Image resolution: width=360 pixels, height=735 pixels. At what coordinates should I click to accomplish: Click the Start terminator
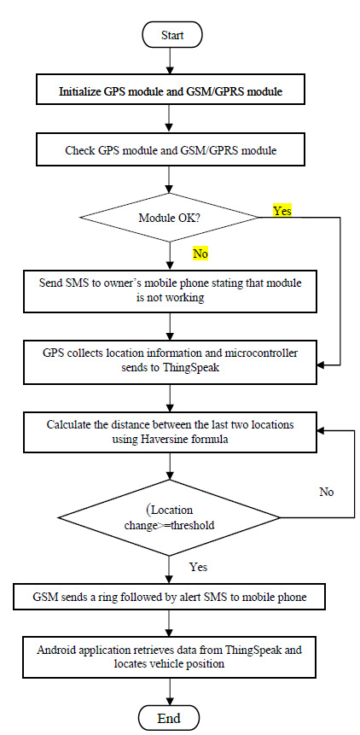click(x=171, y=35)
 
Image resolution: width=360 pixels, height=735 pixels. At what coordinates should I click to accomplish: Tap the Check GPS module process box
click(x=171, y=151)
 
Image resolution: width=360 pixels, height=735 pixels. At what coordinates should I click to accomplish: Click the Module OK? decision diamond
click(x=171, y=219)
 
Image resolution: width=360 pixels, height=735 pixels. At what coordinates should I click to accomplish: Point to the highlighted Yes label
click(x=282, y=210)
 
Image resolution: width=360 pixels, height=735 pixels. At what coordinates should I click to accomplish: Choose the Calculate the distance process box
click(x=171, y=432)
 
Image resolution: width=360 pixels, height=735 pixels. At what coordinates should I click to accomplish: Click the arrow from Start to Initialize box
click(x=171, y=61)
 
